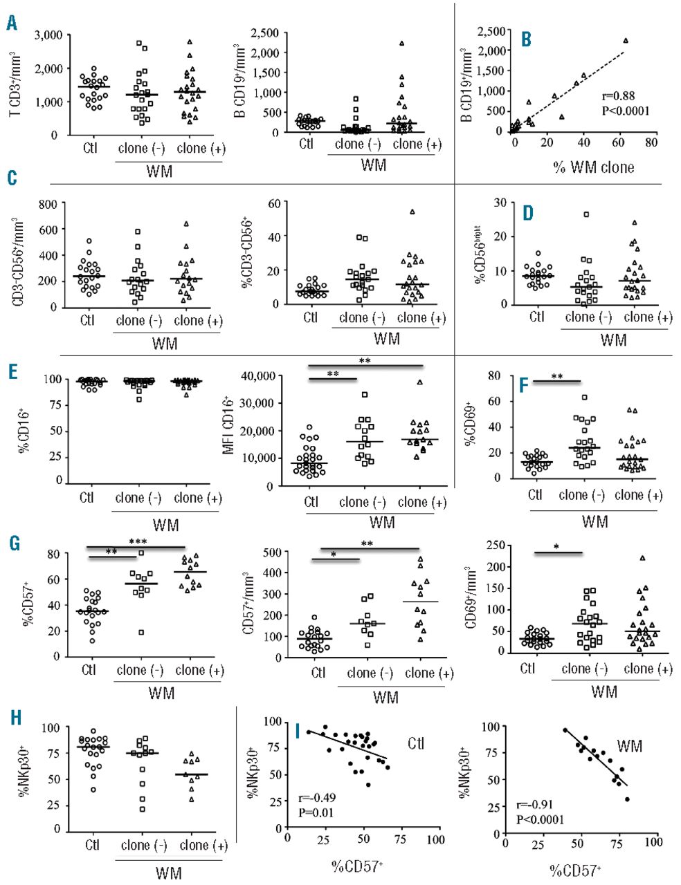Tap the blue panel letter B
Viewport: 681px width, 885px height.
point(526,39)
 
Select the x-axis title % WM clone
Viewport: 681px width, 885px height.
point(574,167)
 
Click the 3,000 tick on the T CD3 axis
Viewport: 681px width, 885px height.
point(48,35)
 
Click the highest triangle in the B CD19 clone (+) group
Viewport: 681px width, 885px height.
point(401,44)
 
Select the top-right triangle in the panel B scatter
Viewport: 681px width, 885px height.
point(626,41)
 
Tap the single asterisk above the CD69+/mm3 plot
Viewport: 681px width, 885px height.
point(558,546)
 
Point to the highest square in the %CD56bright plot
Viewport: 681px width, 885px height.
point(567,214)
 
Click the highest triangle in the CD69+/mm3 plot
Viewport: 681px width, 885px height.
point(642,558)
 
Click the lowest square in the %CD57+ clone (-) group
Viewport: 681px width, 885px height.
point(140,632)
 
